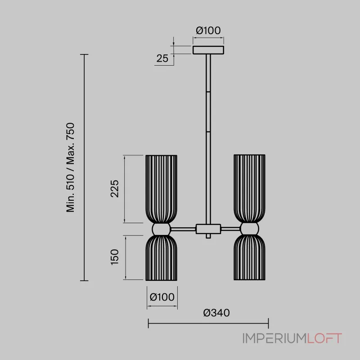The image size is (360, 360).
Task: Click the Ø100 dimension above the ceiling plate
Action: pyautogui.click(x=208, y=31)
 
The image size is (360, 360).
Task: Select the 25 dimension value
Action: pyautogui.click(x=162, y=58)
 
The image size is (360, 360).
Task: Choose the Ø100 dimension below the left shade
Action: pyautogui.click(x=162, y=297)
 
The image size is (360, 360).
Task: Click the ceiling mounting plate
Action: pyautogui.click(x=208, y=49)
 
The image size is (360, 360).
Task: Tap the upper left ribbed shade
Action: pyautogui.click(x=162, y=189)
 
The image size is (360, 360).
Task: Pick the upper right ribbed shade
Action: pyautogui.click(x=249, y=188)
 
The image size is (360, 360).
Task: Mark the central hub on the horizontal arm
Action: pyautogui.click(x=208, y=229)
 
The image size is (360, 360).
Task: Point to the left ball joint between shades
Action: pyautogui.click(x=162, y=229)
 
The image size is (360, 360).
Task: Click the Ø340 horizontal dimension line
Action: pyautogui.click(x=208, y=323)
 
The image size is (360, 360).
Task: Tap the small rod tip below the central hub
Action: pyautogui.click(x=208, y=236)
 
